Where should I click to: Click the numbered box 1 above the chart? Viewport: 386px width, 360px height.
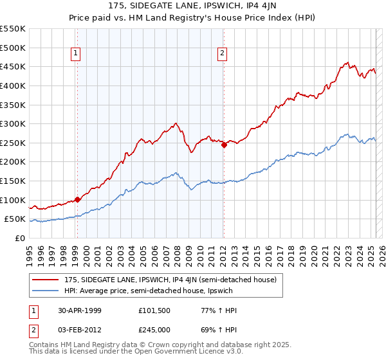[77, 53]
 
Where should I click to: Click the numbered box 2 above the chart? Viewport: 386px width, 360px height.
[222, 53]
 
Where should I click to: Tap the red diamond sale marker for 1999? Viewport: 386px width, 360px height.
[77, 199]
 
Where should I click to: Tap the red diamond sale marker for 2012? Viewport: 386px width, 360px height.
[224, 145]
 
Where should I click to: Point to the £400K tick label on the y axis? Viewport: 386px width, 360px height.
[14, 85]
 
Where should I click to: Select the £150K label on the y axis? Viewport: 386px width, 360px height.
[14, 181]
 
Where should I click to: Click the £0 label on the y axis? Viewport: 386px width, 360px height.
[20, 238]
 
